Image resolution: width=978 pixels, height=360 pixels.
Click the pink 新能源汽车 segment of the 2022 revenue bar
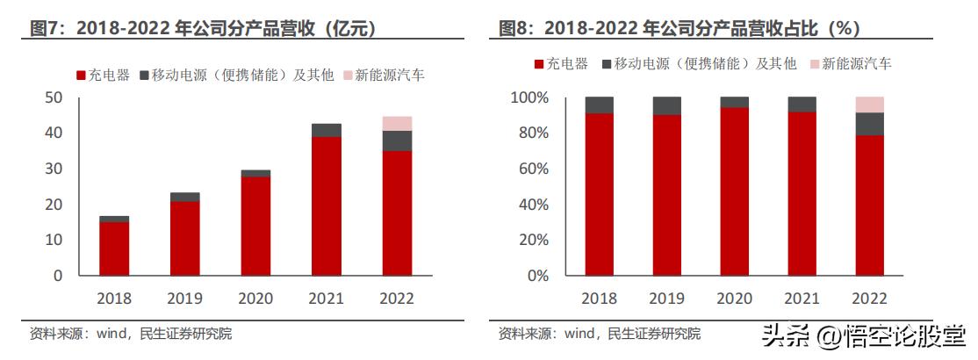point(397,123)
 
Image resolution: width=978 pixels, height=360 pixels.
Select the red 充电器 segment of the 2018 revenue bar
point(114,248)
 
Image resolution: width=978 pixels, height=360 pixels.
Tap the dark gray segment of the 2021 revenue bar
point(326,130)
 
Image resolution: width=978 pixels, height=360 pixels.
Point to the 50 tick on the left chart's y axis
point(54,97)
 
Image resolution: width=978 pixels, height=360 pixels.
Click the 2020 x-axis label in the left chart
point(255,299)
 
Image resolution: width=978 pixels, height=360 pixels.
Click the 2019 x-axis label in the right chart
point(666,299)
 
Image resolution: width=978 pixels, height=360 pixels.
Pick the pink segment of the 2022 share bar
point(869,104)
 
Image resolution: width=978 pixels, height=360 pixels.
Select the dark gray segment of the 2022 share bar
point(869,124)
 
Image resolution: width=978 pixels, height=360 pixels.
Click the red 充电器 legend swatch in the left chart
point(82,76)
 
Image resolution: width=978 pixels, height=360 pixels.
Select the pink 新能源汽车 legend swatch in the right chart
point(815,64)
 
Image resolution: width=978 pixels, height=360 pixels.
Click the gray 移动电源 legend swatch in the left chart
point(145,76)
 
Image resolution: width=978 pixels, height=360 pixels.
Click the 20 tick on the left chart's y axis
point(54,205)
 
